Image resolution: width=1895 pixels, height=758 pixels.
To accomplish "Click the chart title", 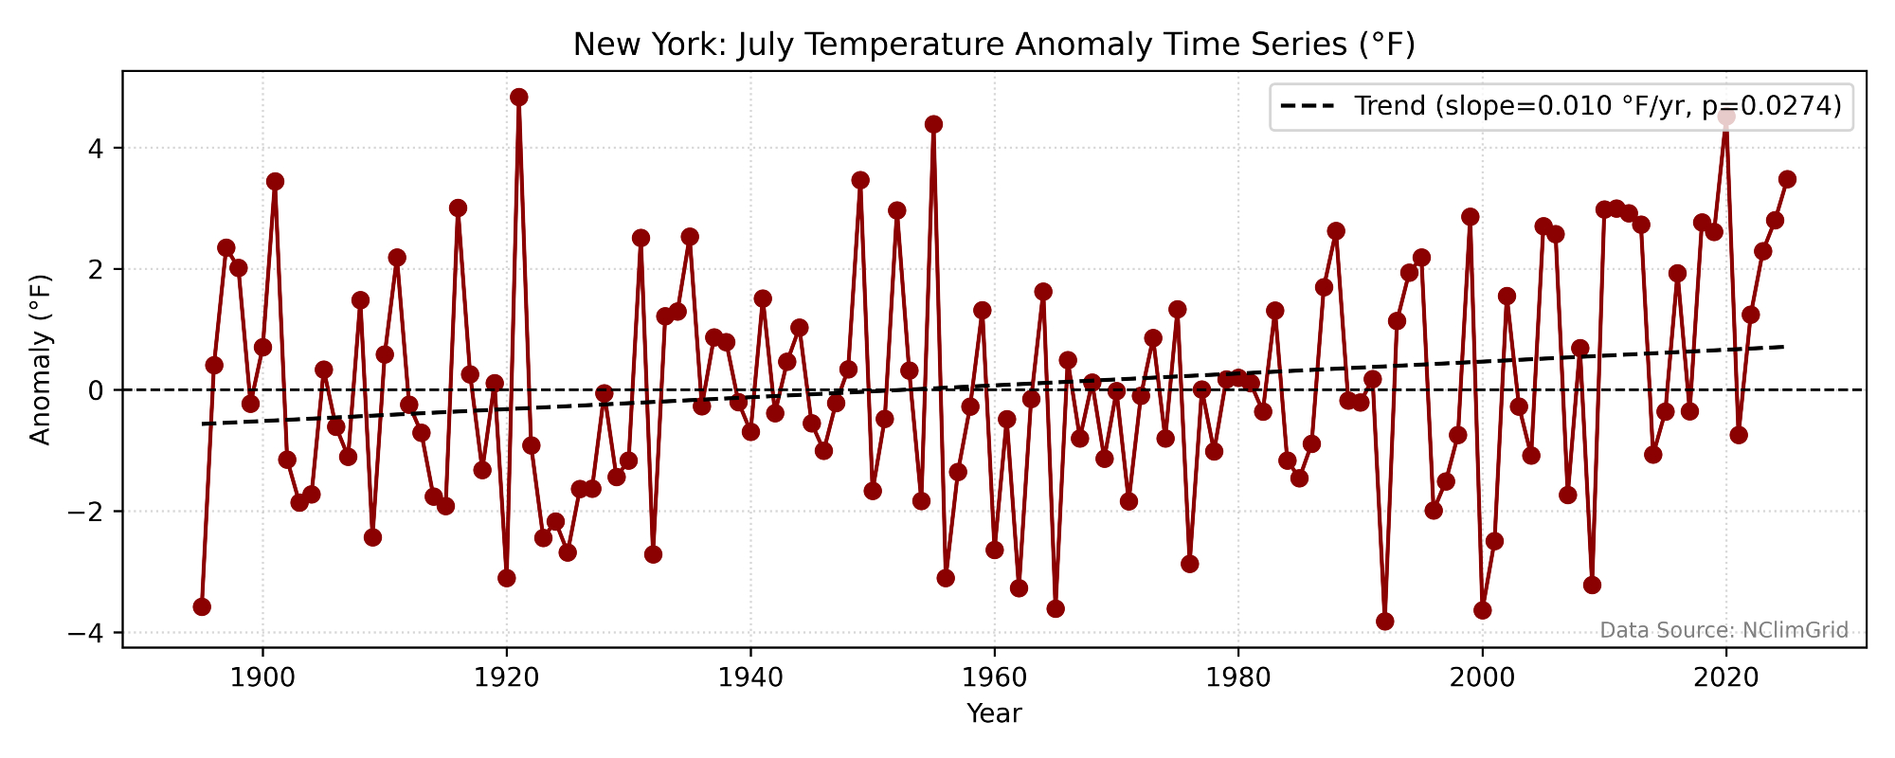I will tap(994, 45).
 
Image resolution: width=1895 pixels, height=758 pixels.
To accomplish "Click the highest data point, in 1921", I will tap(518, 97).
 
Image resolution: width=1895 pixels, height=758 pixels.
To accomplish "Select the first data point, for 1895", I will tap(202, 606).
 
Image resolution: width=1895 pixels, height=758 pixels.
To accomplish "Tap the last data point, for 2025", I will tap(1787, 179).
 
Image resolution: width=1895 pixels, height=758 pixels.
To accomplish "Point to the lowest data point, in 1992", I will tap(1384, 622).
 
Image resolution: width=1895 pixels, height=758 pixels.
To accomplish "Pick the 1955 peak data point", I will tap(933, 124).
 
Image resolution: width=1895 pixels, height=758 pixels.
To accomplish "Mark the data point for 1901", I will tap(275, 181).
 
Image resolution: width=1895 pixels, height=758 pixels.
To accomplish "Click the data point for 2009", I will tap(1592, 585).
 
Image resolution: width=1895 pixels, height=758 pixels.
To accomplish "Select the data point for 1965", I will tap(1056, 608).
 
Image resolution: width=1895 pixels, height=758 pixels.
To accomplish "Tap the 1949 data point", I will tap(860, 180).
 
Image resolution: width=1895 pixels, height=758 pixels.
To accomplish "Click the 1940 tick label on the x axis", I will tap(750, 677).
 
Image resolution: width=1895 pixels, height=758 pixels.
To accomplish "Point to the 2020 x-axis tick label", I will tap(1725, 677).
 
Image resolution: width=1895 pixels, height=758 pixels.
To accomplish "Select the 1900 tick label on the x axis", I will tap(262, 677).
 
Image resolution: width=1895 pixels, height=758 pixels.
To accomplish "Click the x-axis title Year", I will tap(994, 713).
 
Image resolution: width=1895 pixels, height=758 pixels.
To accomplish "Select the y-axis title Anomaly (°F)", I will tap(40, 358).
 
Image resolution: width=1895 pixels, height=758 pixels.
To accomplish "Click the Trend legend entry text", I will tap(1597, 105).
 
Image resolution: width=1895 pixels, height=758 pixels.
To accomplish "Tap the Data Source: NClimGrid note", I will tap(1724, 630).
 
